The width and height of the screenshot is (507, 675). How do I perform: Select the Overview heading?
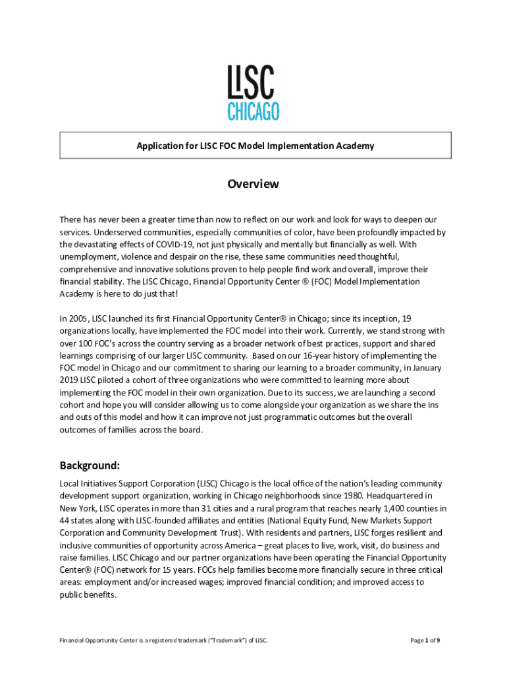click(x=254, y=184)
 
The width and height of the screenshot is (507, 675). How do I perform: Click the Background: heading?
click(x=90, y=465)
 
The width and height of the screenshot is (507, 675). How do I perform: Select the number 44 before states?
click(x=65, y=521)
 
